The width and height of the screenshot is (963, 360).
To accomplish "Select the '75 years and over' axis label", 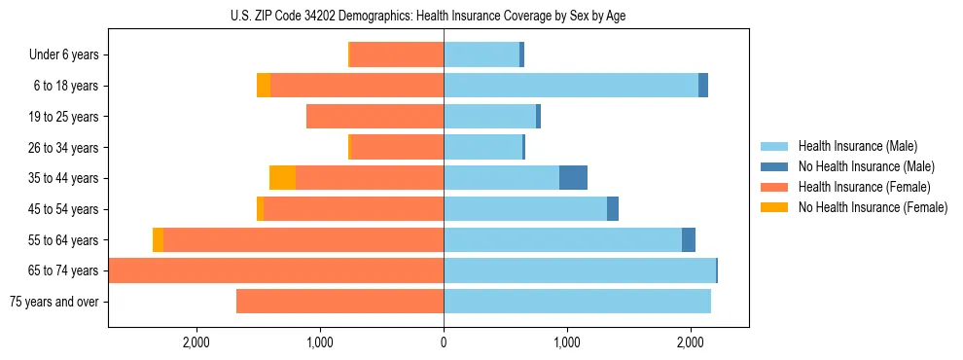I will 53,302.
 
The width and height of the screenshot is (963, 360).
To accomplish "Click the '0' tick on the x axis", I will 444,342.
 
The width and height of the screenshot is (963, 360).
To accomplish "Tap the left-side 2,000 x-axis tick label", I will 196,342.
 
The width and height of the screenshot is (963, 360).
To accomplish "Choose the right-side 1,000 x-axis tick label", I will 567,342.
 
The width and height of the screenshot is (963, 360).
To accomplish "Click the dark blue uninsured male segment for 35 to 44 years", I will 573,178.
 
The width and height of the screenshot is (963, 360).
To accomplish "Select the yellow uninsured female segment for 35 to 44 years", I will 282,178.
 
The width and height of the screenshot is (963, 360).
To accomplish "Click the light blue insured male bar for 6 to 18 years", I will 571,86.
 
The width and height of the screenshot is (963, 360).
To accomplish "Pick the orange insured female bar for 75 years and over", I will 339,302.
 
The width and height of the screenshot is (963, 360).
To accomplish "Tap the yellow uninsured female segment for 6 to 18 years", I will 264,86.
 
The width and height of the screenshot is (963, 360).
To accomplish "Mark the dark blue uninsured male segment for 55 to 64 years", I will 689,240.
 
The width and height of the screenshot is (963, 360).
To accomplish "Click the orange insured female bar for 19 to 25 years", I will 374,117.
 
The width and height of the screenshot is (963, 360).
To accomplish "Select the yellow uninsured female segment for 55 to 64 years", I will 158,240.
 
